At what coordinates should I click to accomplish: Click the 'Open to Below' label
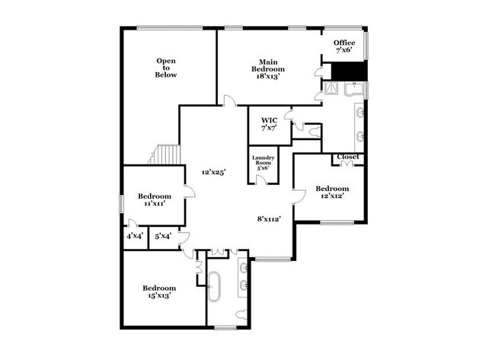(x=166, y=68)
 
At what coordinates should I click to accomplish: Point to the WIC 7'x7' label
(x=268, y=124)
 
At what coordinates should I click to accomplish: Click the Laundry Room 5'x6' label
(x=263, y=163)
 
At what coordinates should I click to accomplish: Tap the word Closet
(x=348, y=157)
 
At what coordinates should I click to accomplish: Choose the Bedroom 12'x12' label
(x=332, y=193)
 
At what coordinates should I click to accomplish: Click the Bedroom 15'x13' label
(x=160, y=292)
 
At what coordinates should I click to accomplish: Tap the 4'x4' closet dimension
(x=134, y=237)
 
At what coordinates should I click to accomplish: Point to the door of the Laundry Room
(x=261, y=180)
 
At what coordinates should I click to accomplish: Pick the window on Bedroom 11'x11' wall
(x=121, y=205)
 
